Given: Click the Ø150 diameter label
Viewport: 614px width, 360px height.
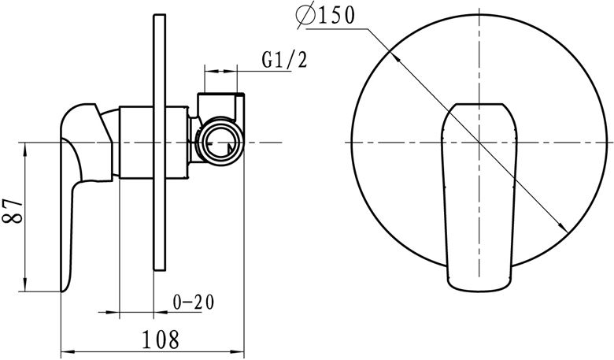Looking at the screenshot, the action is coord(324,17).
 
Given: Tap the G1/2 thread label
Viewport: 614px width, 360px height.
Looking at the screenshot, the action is coord(285,61).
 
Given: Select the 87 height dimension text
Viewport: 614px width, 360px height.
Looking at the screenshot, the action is coord(13,211).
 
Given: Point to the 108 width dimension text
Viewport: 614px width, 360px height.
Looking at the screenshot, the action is coord(160,340).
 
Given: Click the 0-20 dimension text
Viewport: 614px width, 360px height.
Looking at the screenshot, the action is coord(194,302).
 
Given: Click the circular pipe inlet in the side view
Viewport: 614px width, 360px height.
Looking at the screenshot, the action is coord(220,141).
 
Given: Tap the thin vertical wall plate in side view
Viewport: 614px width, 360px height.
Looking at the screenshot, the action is coord(160,143).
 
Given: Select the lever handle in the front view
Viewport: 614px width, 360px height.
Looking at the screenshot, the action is coord(479,198).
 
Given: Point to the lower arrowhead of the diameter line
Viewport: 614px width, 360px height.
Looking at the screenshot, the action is coord(563,227).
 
